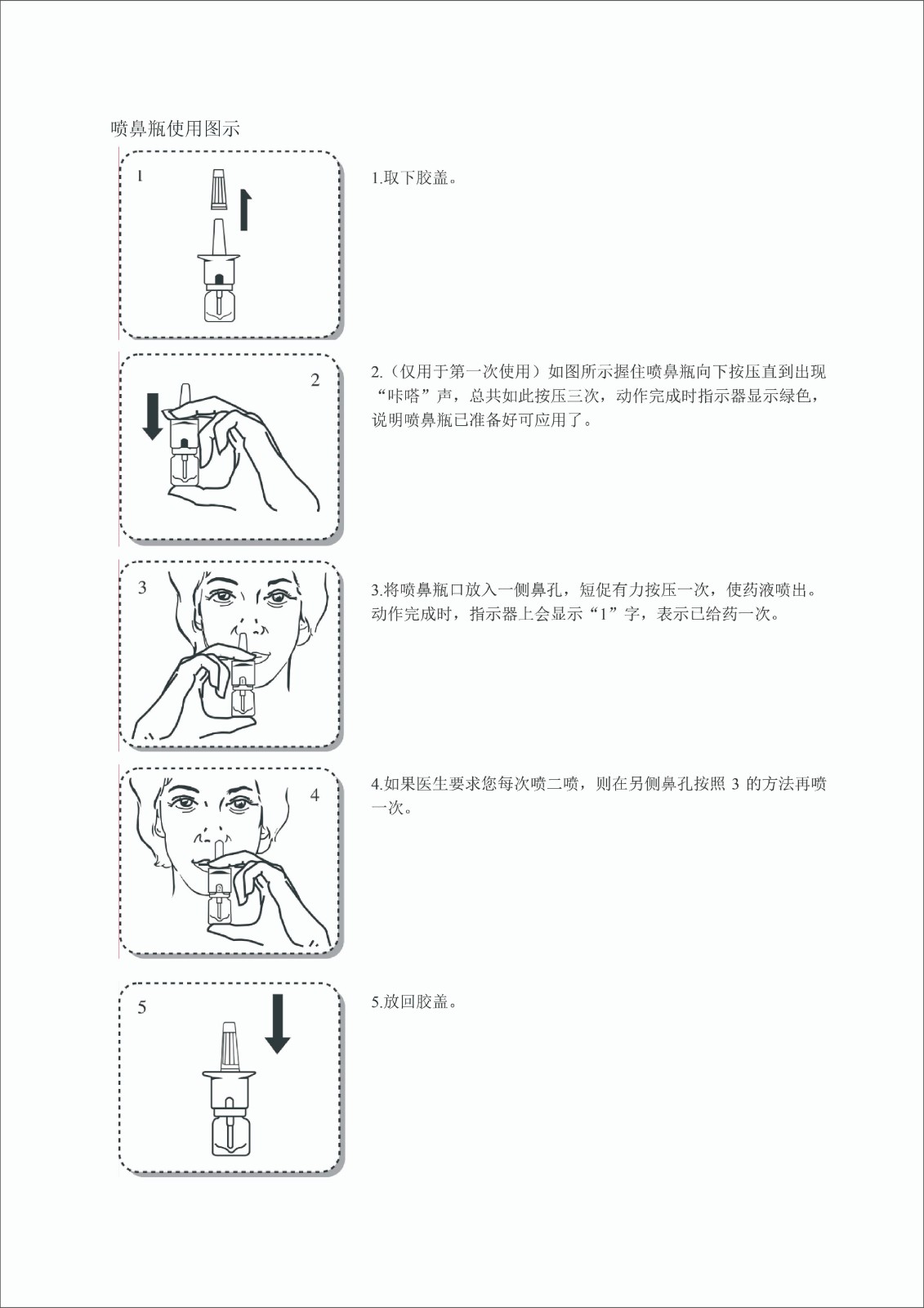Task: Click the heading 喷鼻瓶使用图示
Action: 175,129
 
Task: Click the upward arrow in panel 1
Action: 245,209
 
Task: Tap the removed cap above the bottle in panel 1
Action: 220,188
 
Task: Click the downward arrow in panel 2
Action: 153,416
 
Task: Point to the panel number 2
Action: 315,380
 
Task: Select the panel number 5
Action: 142,1008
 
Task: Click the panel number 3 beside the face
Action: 142,588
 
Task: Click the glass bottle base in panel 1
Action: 220,305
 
